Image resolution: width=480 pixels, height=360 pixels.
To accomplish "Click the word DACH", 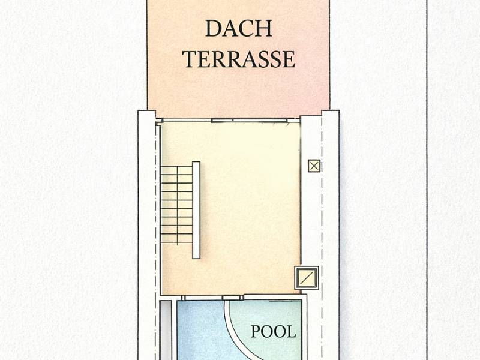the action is tap(238, 28).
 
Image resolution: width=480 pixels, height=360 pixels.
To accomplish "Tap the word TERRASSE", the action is tap(239, 59).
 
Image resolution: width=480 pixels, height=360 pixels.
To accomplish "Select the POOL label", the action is tap(274, 332).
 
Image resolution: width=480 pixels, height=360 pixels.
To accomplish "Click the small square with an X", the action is tap(314, 166).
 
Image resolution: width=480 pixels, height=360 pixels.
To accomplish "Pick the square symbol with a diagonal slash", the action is tap(307, 278).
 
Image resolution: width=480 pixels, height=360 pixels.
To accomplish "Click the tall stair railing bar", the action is tap(196, 210).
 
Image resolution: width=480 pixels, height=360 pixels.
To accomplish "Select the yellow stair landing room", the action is tap(230, 208).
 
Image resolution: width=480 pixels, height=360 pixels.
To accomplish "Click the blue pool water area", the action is tap(202, 331).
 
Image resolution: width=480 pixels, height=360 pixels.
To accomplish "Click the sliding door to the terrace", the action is tap(250, 121).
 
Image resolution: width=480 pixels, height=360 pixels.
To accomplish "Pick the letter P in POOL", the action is tap(256, 332).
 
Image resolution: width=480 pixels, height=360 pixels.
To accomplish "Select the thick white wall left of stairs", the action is tap(147, 235).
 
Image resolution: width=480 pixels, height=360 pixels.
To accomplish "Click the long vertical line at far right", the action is tap(427, 180).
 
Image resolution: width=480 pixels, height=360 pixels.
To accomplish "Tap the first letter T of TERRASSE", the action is tap(190, 59).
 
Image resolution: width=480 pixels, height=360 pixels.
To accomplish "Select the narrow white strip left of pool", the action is tap(166, 330).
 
